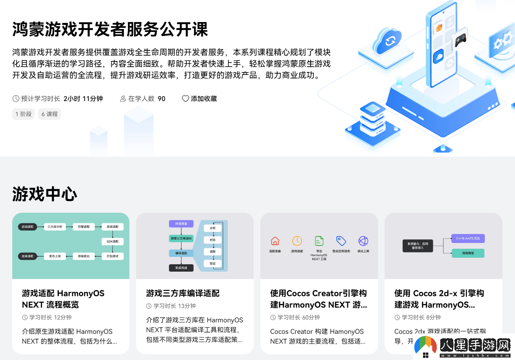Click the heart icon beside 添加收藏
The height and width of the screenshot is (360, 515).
[186, 99]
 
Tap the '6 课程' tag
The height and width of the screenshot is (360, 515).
[49, 114]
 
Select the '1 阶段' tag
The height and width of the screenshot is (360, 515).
[23, 114]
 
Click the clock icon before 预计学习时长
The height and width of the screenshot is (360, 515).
[16, 99]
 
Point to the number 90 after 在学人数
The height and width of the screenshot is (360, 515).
[161, 99]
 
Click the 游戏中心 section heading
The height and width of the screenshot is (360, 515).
[45, 194]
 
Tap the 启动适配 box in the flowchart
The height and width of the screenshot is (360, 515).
[27, 226]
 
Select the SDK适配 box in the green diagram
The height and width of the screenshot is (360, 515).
[112, 241]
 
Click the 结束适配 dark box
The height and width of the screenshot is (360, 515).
[27, 256]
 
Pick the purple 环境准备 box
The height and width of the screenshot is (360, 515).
[181, 224]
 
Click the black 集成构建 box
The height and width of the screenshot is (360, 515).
[181, 268]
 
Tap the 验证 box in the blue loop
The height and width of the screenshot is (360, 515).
[213, 263]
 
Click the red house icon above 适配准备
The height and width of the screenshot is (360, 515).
[275, 241]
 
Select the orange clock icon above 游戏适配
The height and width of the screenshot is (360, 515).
[297, 241]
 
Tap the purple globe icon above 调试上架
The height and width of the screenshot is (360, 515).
[363, 241]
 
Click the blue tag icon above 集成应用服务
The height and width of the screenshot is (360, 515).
[341, 241]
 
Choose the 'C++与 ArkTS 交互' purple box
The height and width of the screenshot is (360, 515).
[468, 238]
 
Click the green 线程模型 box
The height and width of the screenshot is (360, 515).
[468, 253]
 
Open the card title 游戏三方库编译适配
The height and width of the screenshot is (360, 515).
[183, 293]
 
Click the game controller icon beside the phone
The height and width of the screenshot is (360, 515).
[460, 40]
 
